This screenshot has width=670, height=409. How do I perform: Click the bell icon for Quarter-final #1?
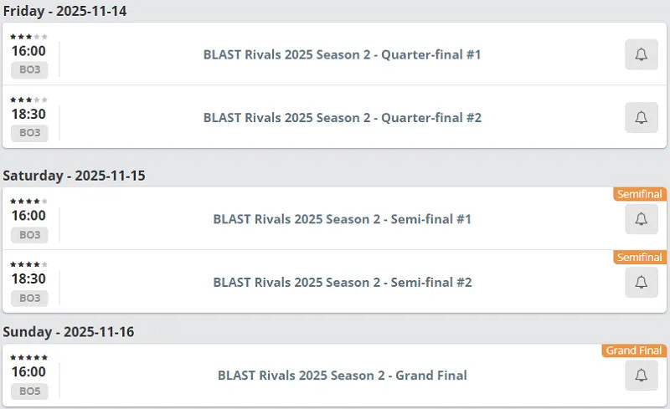click(641, 54)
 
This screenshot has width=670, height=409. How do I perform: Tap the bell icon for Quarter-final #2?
click(641, 118)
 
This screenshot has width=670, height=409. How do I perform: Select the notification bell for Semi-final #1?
click(641, 219)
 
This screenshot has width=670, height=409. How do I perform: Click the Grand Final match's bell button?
click(641, 376)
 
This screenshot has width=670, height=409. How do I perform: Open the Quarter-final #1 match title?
click(343, 54)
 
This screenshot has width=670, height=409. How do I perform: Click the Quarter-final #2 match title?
click(343, 118)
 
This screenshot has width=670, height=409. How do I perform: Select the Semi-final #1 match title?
click(343, 219)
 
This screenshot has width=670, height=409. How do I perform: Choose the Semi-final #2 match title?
click(343, 283)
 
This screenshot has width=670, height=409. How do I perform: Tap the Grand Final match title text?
click(343, 376)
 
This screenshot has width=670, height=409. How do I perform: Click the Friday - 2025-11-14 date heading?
click(65, 11)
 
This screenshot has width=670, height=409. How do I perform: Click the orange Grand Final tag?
click(634, 350)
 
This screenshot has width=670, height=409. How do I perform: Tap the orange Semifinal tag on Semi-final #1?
click(640, 194)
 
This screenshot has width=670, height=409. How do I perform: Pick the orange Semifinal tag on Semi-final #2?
click(640, 258)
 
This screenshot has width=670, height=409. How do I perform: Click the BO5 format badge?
click(29, 391)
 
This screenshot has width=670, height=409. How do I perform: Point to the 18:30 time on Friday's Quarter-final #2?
click(28, 115)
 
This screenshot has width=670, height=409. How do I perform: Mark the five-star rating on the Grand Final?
click(28, 357)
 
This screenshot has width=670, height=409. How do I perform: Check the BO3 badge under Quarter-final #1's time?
click(29, 69)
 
